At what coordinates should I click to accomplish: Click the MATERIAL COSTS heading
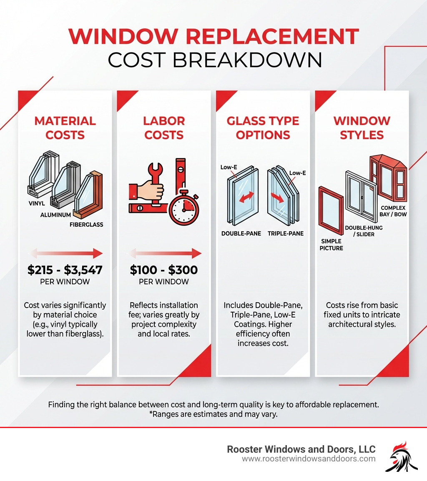(65, 128)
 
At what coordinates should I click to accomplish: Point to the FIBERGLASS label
(86, 225)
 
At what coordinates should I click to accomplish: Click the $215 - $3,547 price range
(65, 270)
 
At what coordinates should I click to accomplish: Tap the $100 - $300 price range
(164, 270)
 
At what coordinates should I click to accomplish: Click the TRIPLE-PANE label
(286, 233)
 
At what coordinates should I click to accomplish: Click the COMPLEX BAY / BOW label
(394, 211)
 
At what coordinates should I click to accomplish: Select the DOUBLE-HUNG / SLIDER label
(364, 231)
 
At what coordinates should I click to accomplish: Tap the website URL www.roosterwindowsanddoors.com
(309, 459)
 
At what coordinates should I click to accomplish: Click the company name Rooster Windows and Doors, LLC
(301, 449)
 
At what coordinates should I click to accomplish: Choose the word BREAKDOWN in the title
(248, 60)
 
